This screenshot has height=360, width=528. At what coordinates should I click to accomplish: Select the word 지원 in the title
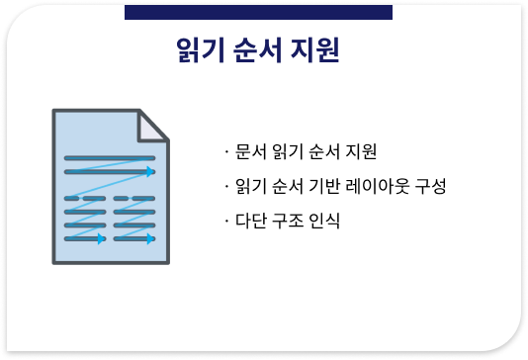coord(316,50)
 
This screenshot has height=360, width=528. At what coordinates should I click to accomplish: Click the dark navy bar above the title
coord(258,11)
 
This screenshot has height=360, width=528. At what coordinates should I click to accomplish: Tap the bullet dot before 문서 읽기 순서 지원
coord(227,153)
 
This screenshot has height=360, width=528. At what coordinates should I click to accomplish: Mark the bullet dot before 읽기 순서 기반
coord(227,186)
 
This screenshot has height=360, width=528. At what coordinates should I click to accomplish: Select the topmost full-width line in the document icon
coord(109,157)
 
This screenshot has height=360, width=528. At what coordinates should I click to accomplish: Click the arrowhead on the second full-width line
coord(151,172)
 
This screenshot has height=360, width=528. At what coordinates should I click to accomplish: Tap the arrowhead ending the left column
coord(102,238)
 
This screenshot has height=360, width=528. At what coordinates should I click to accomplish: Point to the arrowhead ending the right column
coord(151,238)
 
